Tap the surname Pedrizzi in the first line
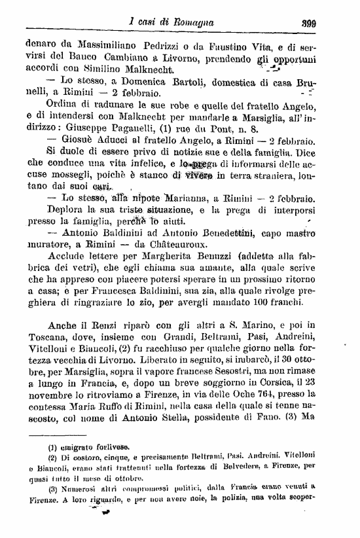click(162, 46)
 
